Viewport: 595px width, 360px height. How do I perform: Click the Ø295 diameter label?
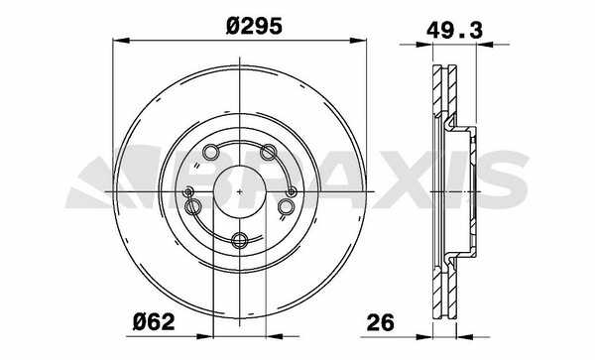pos(254,26)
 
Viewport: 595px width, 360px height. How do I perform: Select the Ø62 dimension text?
pos(154,322)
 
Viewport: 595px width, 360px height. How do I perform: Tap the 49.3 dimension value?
pos(454,30)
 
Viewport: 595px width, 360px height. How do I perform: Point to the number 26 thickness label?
pos(381,322)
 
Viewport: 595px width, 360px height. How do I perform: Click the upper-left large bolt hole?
pos(210,152)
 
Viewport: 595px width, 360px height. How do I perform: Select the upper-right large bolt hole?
pos(269,152)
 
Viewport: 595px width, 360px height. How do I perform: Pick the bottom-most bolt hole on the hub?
pos(240,240)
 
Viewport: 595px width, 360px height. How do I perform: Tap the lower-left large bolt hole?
pos(192,206)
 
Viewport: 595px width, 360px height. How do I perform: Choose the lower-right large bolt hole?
pos(287,206)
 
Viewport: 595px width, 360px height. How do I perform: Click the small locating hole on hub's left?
pos(187,192)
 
